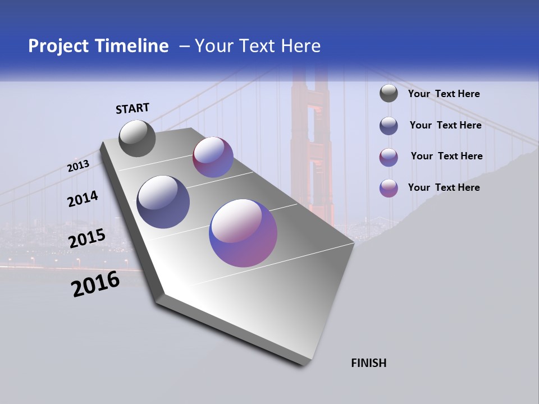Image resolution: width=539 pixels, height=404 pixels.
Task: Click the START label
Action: [133, 108]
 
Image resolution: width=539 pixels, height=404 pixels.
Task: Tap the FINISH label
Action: [369, 363]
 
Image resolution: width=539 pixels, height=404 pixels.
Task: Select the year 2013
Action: [78, 166]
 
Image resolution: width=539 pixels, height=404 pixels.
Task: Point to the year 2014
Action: [83, 199]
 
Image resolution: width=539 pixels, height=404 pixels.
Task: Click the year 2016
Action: [95, 284]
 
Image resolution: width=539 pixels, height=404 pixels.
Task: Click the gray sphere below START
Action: [138, 139]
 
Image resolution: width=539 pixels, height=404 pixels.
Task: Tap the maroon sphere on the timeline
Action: [213, 157]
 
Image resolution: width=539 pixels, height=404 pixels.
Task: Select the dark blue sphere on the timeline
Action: [163, 202]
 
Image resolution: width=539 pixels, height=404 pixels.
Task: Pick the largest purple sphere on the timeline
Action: [243, 233]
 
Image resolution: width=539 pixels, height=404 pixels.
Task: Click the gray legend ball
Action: [389, 94]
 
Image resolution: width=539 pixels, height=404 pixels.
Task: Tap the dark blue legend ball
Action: [389, 126]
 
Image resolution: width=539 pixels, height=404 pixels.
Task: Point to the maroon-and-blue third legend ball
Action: [389, 157]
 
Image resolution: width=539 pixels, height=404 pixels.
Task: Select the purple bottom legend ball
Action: [389, 188]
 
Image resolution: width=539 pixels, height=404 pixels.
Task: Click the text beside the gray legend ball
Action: [444, 94]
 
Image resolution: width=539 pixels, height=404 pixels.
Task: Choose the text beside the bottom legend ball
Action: [444, 187]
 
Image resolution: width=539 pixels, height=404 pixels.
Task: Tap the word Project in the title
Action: [58, 46]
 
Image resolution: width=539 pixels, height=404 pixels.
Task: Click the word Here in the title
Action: [299, 46]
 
